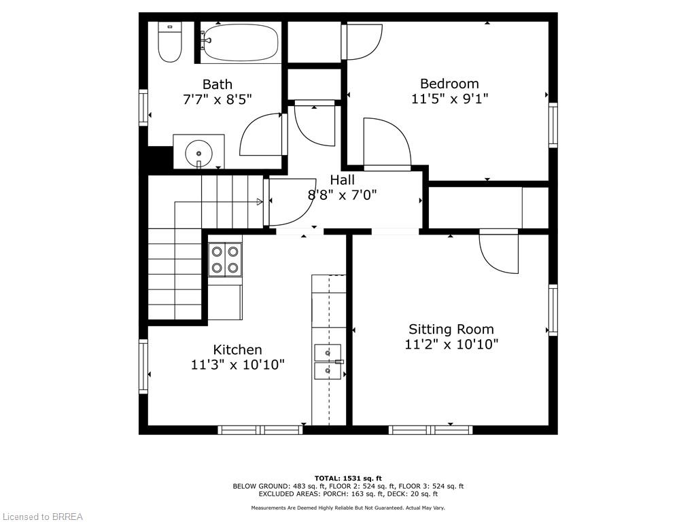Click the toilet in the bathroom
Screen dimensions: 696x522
click(x=170, y=42)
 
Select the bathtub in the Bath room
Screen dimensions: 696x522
click(x=241, y=43)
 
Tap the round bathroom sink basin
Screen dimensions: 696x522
click(x=198, y=153)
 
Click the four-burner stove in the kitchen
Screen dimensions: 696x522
click(x=225, y=260)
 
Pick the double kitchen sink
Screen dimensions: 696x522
click(x=328, y=362)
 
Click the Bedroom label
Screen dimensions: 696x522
click(x=449, y=84)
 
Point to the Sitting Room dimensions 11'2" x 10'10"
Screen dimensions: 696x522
click(x=451, y=344)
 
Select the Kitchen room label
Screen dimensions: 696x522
click(x=237, y=350)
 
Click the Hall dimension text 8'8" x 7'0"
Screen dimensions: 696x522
click(x=343, y=194)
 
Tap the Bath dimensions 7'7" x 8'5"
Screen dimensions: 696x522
click(x=217, y=99)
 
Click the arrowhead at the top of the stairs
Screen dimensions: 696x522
click(x=260, y=202)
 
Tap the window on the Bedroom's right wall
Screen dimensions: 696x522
click(x=553, y=125)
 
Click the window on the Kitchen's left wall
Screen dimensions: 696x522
click(x=143, y=366)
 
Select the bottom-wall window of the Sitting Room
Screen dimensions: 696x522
click(x=430, y=430)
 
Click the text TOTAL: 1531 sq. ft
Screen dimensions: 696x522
click(x=348, y=478)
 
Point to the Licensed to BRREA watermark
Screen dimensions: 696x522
click(x=42, y=517)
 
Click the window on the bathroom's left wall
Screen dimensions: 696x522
click(x=143, y=107)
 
